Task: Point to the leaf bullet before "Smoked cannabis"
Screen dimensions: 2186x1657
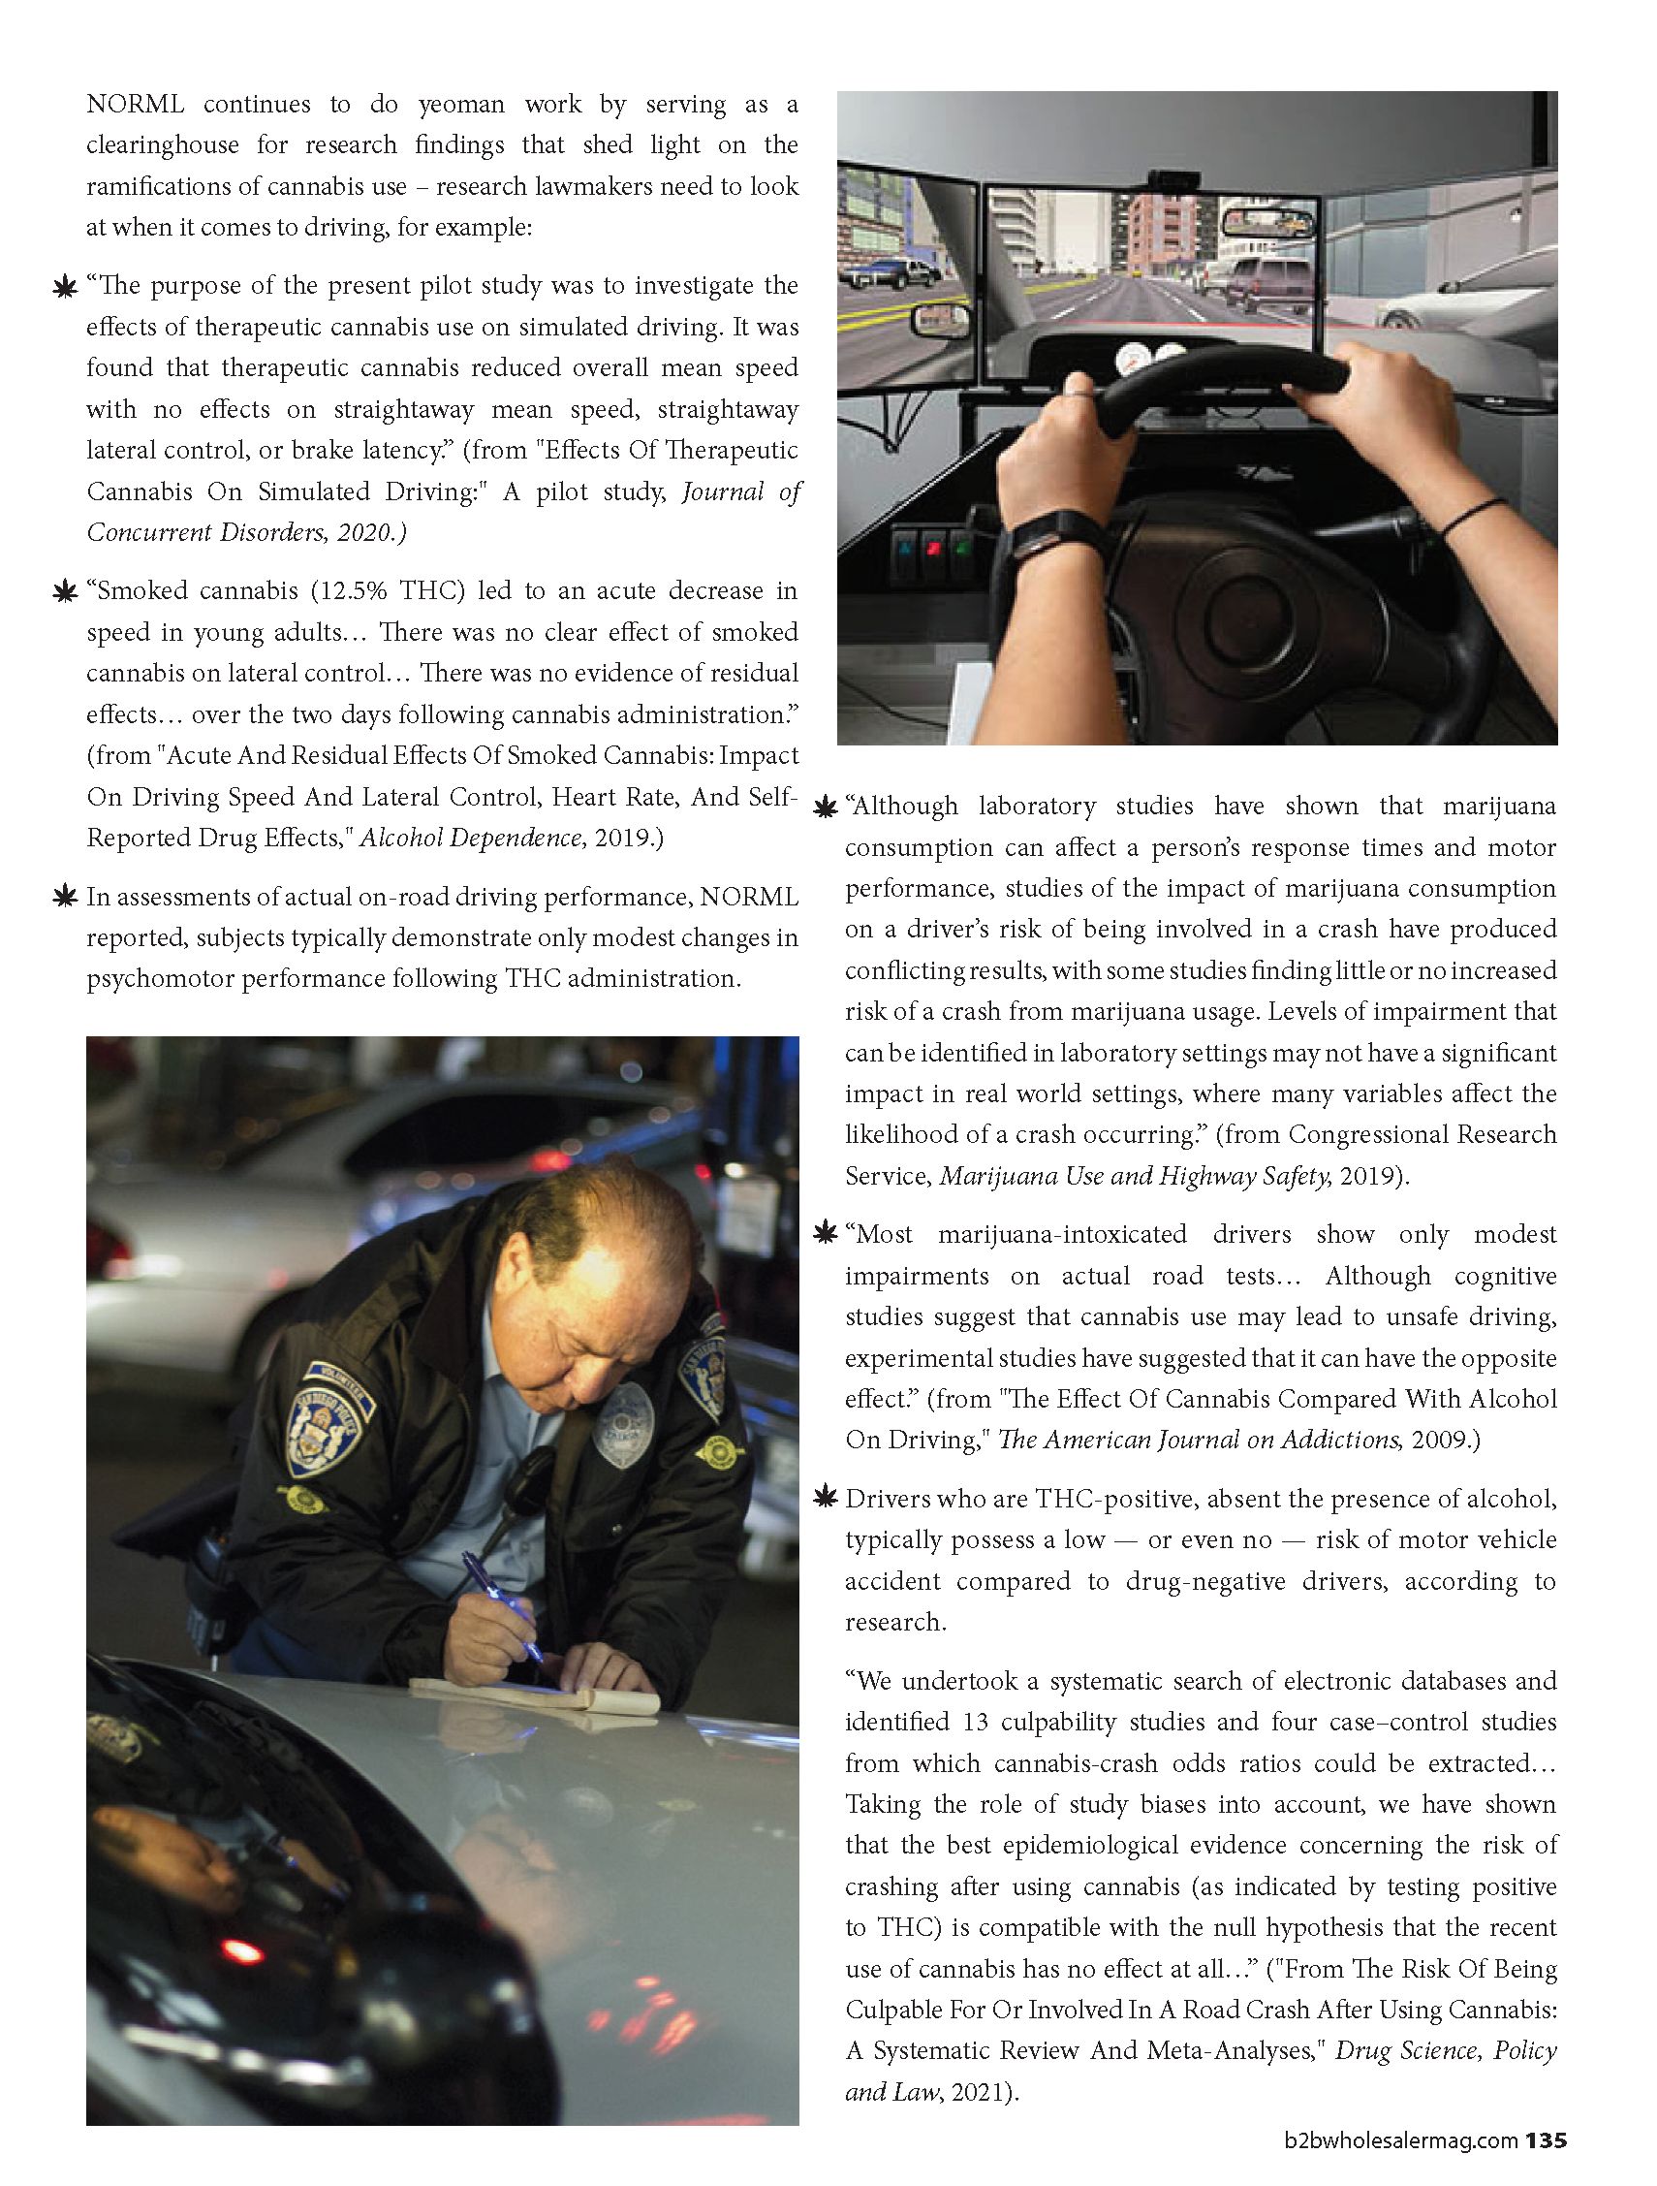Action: click(65, 592)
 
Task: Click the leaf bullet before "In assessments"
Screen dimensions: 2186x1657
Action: click(65, 898)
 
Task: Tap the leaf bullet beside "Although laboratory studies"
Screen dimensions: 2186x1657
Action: click(824, 808)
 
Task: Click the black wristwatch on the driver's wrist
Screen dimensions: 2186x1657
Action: click(1043, 533)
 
